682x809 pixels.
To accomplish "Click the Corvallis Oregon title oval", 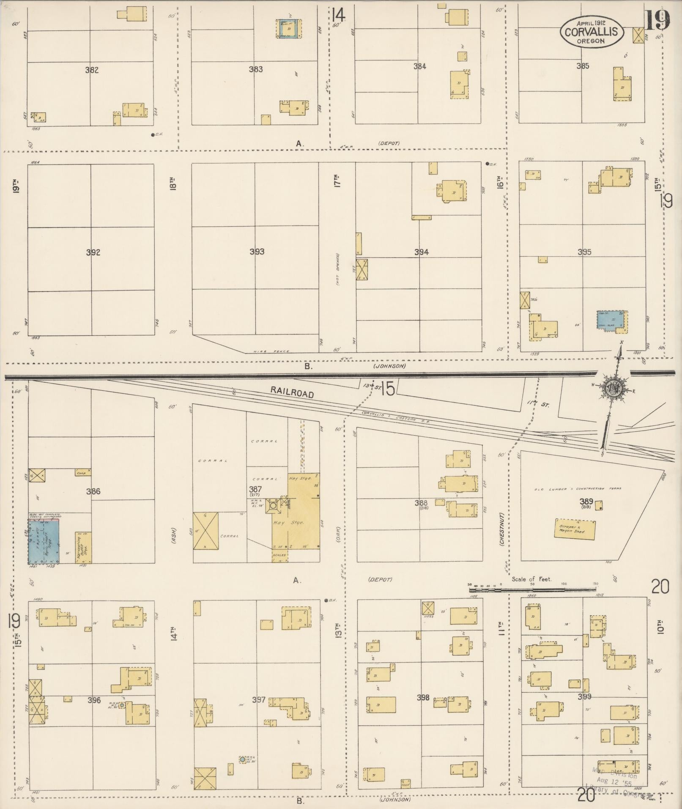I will tap(592, 32).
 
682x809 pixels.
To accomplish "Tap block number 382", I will tap(92, 70).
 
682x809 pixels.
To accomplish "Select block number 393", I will tap(257, 252).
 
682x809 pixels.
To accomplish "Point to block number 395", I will tap(584, 252).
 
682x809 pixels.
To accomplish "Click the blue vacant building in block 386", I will tap(44, 542).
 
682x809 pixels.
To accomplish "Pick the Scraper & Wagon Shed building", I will tap(575, 529).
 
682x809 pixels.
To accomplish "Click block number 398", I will tap(423, 698).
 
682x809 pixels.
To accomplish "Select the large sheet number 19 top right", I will tap(658, 20).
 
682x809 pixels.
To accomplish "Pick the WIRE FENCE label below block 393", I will tap(271, 351).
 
